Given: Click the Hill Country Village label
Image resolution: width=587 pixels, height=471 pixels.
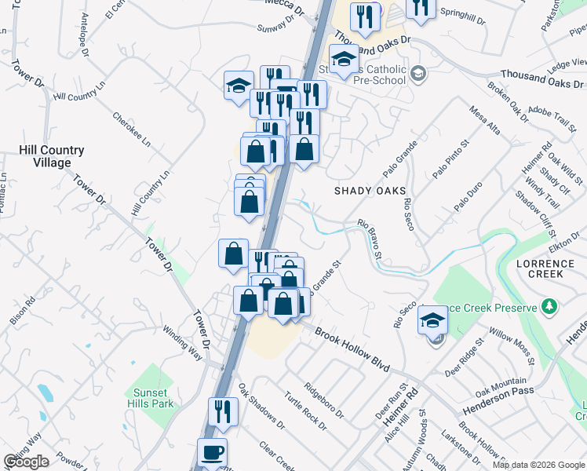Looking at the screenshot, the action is coord(51,156).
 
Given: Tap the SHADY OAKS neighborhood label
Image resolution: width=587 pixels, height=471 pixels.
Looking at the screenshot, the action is coord(370,191).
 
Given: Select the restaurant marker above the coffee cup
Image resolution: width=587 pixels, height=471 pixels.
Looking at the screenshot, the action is coord(223,411).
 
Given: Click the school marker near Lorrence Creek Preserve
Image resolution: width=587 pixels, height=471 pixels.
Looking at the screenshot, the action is coord(432,319).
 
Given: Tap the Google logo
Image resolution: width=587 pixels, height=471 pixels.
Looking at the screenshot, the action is coord(26,462).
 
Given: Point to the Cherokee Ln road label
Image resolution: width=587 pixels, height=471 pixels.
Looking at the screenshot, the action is coord(130,129).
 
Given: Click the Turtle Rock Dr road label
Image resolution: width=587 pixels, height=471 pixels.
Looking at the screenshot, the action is coord(305,410).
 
